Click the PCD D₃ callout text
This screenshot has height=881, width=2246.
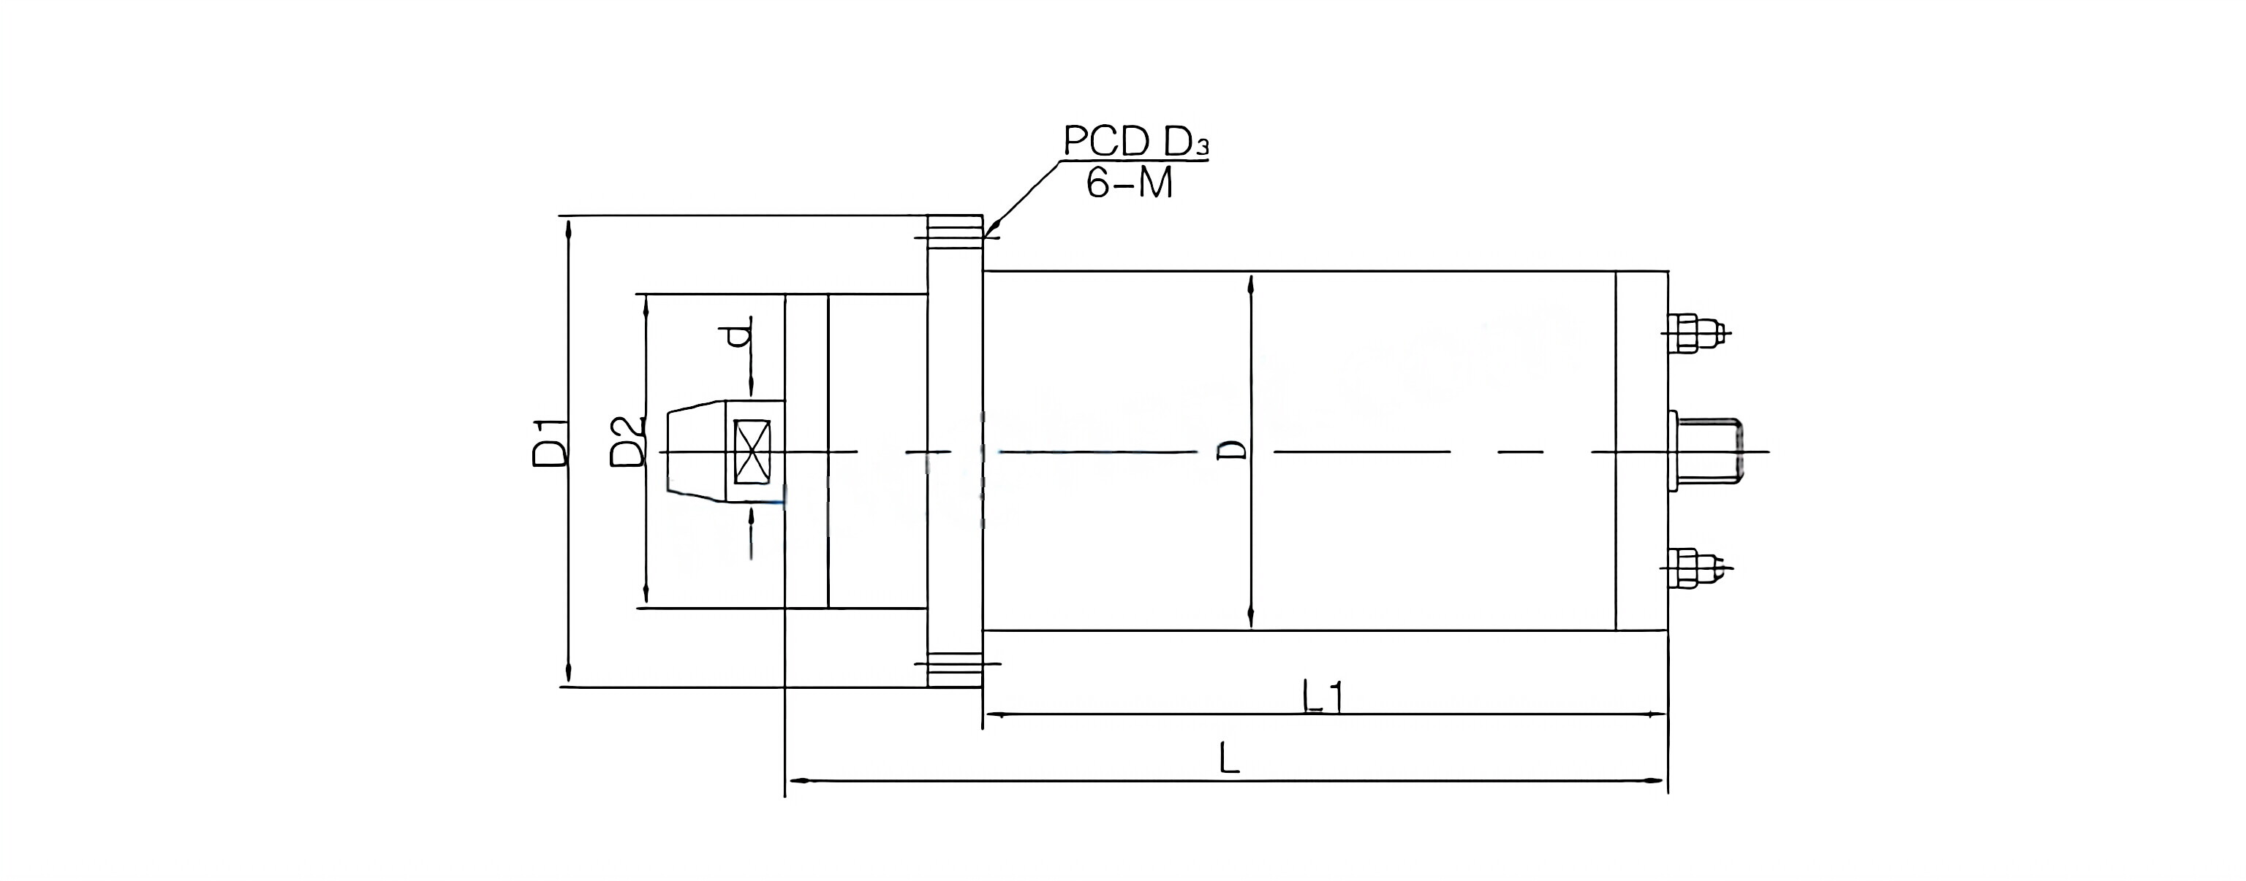pos(1135,141)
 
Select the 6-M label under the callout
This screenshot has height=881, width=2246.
pos(1129,183)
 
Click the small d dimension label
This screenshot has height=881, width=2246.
pos(739,335)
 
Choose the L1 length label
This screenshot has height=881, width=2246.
pos(1323,697)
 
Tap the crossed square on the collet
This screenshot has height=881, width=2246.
pos(752,451)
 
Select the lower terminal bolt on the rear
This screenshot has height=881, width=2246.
pos(1693,569)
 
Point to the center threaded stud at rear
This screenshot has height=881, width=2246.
pos(1709,451)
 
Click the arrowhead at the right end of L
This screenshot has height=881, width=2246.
pos(1657,780)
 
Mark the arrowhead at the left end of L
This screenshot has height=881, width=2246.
pos(797,780)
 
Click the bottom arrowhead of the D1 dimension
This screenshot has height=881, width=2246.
pos(569,674)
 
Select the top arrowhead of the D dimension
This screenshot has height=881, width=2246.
pos(1251,286)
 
